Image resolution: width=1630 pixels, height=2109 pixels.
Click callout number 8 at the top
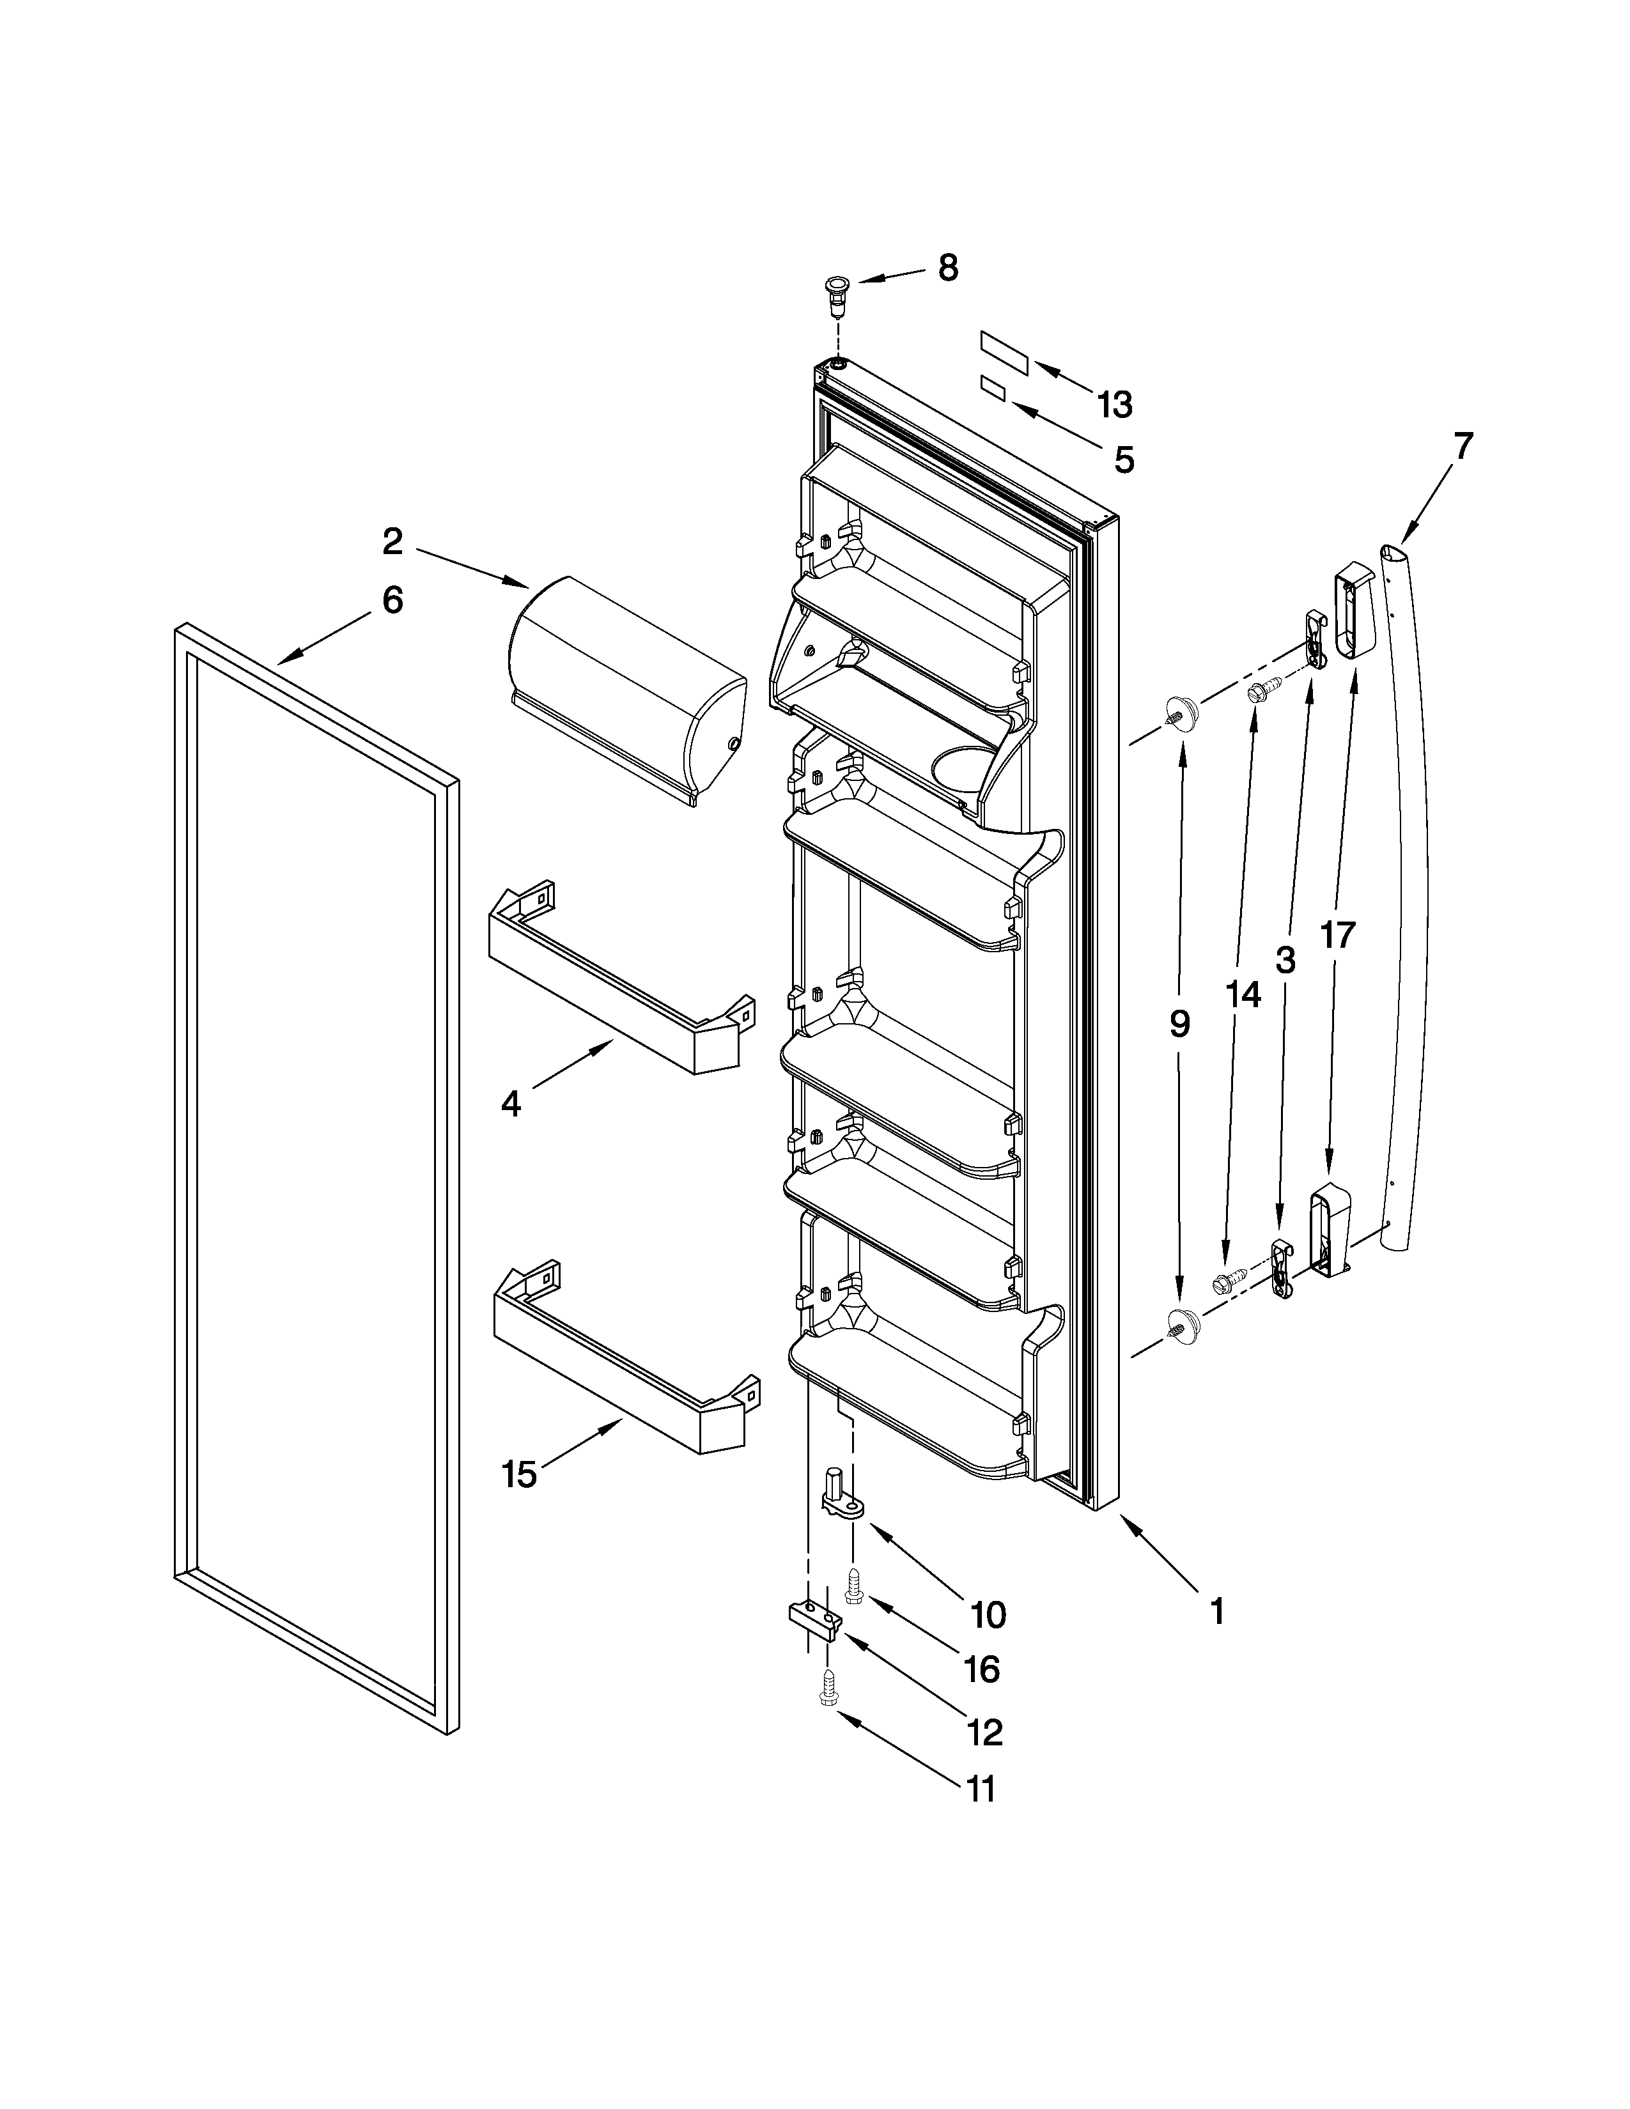pos(948,268)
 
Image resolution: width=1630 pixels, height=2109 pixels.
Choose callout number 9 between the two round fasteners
pos(1180,1024)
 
